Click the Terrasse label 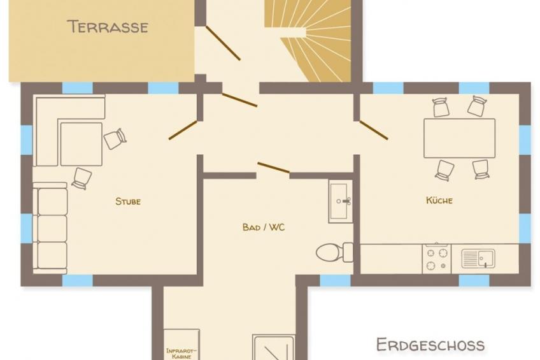point(108,27)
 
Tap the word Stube point(128,201)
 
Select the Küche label point(439,200)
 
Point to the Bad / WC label point(264,227)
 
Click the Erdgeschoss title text point(430,345)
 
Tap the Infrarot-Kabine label point(181,354)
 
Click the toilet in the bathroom point(334,252)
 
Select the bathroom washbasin point(341,201)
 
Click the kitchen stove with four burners point(437,259)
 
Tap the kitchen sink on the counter point(478,259)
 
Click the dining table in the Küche point(459,138)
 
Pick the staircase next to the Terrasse point(308,41)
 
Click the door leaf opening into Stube point(183,130)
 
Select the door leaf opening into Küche point(374,130)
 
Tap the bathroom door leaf point(273,167)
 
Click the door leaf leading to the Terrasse point(223,43)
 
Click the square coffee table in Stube point(82,144)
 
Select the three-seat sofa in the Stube point(50,228)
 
